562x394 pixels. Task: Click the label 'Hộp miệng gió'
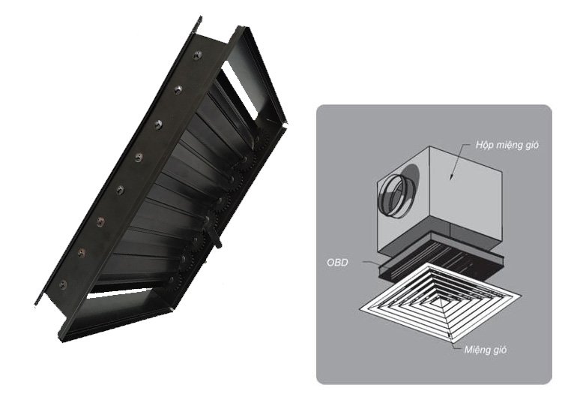pyautogui.click(x=507, y=146)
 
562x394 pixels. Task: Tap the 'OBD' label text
pyautogui.click(x=337, y=263)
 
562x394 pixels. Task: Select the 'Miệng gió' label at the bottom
pyautogui.click(x=486, y=350)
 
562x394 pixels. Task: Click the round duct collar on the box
pyautogui.click(x=396, y=196)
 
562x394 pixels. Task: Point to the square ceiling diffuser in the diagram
pyautogui.click(x=439, y=303)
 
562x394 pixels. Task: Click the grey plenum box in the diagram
pyautogui.click(x=439, y=201)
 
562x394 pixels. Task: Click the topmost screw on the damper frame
pyautogui.click(x=198, y=56)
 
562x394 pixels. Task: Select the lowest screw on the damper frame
pyautogui.click(x=62, y=284)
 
